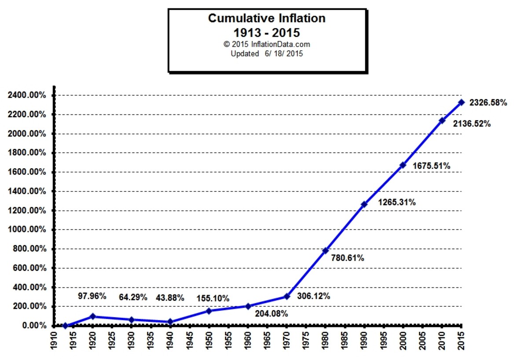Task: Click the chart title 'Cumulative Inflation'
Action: click(x=267, y=18)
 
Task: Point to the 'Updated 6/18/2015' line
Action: click(x=267, y=54)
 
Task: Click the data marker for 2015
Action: click(x=461, y=102)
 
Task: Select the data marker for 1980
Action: click(x=325, y=250)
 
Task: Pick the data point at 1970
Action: click(x=286, y=296)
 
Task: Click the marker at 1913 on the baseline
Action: click(x=65, y=326)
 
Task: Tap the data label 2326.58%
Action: click(x=488, y=103)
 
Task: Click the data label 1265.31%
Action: click(x=397, y=203)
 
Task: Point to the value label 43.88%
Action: click(x=170, y=298)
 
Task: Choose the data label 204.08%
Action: click(x=271, y=314)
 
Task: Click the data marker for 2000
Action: click(x=403, y=165)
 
